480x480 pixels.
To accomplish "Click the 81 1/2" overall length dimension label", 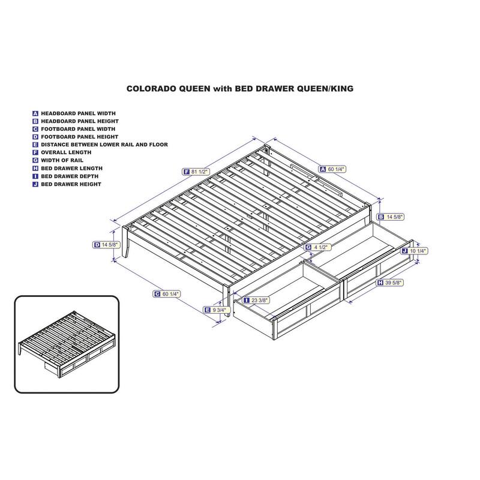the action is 196,172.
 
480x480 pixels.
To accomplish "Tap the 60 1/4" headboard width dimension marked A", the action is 332,169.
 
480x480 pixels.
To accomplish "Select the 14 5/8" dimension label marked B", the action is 391,217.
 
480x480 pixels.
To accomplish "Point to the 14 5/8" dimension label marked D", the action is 106,245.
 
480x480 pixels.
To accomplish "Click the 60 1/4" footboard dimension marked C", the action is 167,294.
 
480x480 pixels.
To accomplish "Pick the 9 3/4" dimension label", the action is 217,310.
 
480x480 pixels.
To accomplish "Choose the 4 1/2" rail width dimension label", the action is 318,247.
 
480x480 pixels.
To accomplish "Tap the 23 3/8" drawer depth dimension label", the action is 256,301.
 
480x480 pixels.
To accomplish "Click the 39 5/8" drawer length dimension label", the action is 389,283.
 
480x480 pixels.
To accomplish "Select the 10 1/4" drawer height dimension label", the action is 415,251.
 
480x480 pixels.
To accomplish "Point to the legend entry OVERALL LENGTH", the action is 66,152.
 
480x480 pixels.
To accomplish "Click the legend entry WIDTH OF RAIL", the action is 62,160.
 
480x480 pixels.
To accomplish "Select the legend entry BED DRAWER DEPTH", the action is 70,176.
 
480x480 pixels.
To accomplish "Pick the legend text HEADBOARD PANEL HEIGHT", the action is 80,121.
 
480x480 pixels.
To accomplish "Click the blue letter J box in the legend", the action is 35,184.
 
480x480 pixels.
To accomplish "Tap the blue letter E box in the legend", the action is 35,145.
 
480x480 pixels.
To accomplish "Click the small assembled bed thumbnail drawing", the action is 67,344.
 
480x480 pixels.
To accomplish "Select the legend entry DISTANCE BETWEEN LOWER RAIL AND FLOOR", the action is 104,145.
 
